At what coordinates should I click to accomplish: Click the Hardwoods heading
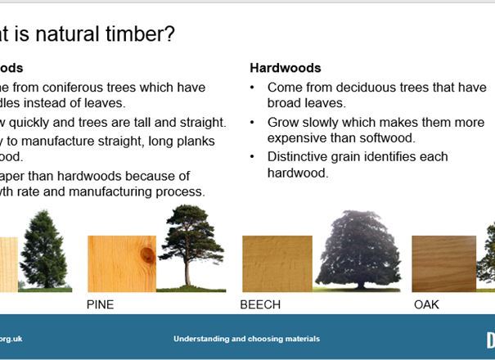pos(286,68)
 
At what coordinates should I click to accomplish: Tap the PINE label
pos(101,304)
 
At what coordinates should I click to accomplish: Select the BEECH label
pos(260,304)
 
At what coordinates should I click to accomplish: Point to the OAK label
pos(426,304)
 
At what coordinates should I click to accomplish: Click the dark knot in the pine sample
pos(147,255)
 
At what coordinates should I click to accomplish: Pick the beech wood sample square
pos(277,263)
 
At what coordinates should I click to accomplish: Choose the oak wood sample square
pos(443,263)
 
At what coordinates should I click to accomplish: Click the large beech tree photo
pos(357,250)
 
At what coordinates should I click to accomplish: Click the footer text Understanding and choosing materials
pos(246,339)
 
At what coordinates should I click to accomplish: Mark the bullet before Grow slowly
pos(254,123)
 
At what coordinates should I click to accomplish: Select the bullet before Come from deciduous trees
pos(254,88)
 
